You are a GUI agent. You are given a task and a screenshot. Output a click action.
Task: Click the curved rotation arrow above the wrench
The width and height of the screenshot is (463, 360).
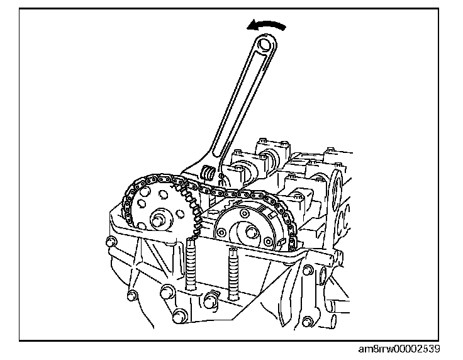point(268,25)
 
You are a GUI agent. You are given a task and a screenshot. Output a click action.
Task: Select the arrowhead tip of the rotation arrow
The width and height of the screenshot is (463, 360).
point(249,26)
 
